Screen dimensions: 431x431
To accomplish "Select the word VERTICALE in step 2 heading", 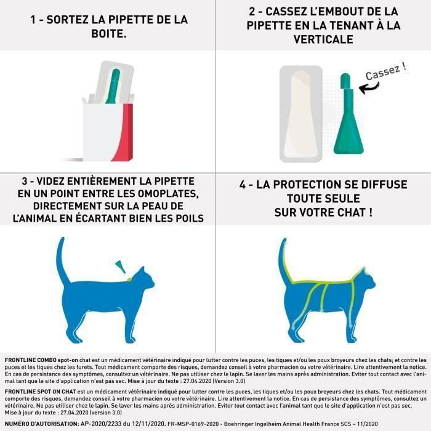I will point(323,39).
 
